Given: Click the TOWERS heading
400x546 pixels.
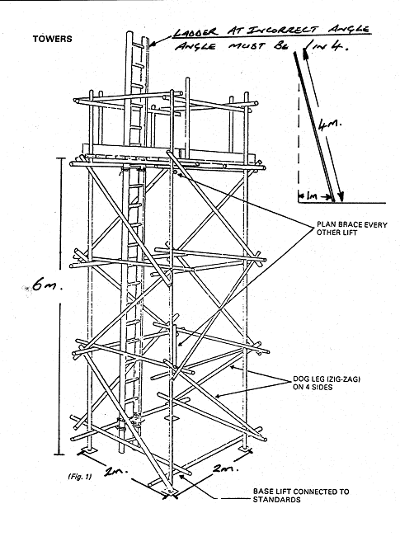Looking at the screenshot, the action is (x=52, y=38).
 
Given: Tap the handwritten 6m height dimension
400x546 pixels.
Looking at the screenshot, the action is (x=47, y=285).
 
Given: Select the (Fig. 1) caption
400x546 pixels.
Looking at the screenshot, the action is (x=80, y=477).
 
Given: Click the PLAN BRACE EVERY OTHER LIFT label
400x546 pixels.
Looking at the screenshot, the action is (x=351, y=228).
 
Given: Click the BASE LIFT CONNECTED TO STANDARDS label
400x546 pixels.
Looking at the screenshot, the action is (x=301, y=496).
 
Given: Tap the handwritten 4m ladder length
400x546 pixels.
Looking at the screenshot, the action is (x=329, y=125).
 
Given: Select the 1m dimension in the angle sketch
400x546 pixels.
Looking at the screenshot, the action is (x=312, y=197).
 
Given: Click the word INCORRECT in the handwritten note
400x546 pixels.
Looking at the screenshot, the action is (x=283, y=30).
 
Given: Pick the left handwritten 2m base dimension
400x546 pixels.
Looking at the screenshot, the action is (x=116, y=471).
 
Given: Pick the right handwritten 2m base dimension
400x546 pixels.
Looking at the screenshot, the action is (x=226, y=468).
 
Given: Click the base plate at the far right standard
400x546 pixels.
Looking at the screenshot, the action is (x=246, y=450).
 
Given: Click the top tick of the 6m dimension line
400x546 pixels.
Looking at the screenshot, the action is (x=60, y=158).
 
